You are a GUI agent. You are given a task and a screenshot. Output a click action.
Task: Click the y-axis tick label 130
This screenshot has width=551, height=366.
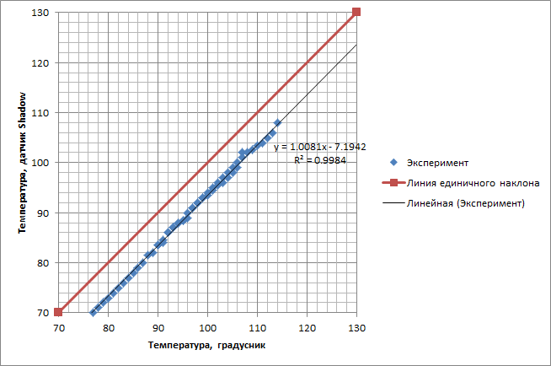40,13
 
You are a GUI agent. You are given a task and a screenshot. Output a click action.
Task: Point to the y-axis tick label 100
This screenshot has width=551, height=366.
40,163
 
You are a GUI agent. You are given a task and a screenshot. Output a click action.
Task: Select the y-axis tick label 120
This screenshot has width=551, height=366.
40,62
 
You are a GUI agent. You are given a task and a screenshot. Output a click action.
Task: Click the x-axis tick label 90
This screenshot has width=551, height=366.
158,325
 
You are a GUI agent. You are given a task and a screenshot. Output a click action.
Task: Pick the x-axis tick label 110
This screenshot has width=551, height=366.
257,325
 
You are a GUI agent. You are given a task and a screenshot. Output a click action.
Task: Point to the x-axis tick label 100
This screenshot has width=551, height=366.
207,325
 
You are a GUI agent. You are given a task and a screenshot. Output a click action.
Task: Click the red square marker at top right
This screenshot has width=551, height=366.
356,12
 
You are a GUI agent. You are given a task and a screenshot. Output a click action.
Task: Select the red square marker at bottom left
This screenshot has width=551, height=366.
58,312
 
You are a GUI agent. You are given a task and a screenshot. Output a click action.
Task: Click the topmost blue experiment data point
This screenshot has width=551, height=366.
277,123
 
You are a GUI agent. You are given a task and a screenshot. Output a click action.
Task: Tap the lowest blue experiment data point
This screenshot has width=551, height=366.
93,312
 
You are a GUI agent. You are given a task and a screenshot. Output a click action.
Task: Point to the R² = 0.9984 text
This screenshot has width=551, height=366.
318,159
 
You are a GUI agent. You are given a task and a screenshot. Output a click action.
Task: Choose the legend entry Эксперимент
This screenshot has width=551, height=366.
436,162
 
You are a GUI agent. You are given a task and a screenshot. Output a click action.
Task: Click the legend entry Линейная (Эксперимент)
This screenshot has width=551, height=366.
465,203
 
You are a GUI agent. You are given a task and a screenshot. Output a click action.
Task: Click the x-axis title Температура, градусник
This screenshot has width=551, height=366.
207,345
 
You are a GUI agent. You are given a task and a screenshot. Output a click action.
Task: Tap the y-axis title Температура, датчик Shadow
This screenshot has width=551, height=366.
14,162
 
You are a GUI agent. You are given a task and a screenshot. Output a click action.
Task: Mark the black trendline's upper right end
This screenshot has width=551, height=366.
356,45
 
